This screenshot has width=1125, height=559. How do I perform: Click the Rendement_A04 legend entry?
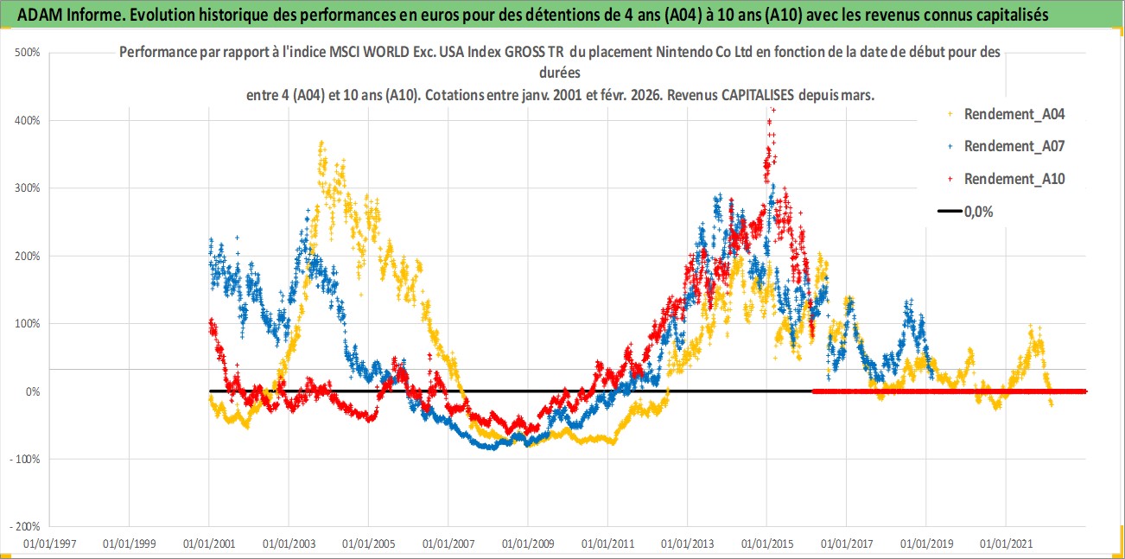click(x=1003, y=113)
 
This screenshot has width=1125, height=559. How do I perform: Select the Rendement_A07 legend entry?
click(x=1003, y=146)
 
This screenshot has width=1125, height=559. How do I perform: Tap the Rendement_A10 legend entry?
click(x=1003, y=179)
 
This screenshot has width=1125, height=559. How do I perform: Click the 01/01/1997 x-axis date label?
click(x=49, y=544)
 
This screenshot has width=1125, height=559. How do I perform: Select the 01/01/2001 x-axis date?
click(x=209, y=544)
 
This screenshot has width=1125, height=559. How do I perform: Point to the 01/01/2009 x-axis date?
click(x=528, y=544)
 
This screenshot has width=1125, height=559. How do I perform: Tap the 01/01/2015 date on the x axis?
click(x=767, y=544)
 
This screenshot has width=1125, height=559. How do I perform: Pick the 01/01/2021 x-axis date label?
click(x=1006, y=544)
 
